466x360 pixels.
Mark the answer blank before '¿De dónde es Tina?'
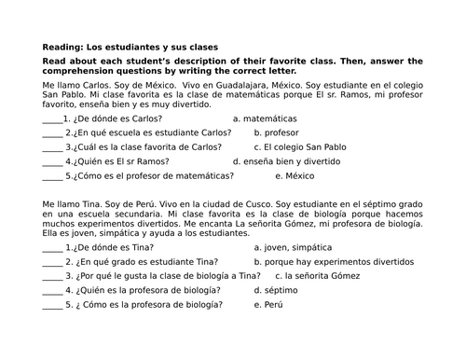(51, 250)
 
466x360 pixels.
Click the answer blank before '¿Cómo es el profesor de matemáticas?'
(52, 175)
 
